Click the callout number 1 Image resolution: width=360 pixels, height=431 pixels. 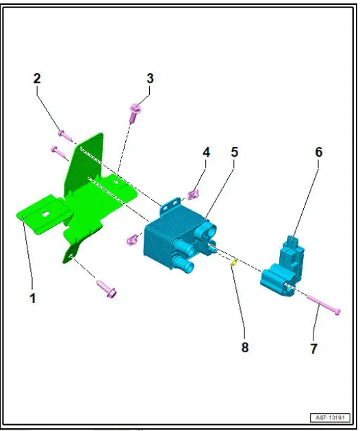click(33, 298)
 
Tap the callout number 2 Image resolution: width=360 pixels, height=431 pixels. click(37, 79)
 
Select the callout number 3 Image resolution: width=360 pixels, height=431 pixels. click(150, 79)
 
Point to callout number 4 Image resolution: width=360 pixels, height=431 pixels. click(206, 152)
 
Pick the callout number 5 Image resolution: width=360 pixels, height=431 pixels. click(234, 152)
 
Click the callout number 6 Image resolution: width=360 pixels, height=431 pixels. click(319, 152)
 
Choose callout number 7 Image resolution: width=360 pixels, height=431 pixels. click(313, 348)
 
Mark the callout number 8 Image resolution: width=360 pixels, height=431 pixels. click(245, 347)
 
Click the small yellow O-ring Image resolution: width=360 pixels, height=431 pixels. click(234, 263)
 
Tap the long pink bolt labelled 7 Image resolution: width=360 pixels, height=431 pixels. click(324, 304)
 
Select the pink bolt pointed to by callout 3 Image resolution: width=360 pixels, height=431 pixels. click(134, 113)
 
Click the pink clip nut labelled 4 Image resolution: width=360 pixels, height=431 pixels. click(194, 194)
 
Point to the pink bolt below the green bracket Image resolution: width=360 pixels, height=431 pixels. click(107, 289)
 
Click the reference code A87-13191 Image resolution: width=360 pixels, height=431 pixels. click(330, 417)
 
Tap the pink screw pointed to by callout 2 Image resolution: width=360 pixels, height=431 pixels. click(64, 135)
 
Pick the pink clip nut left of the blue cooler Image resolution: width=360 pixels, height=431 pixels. click(132, 239)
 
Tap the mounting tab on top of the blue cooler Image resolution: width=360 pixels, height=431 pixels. click(170, 206)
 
